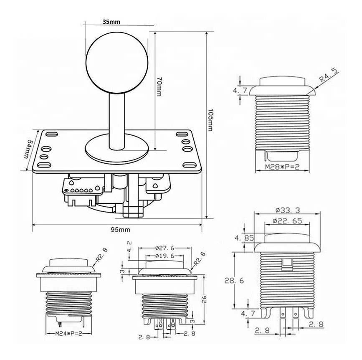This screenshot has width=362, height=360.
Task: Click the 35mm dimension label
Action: click(x=111, y=22)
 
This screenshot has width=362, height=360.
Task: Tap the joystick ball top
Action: click(x=117, y=63)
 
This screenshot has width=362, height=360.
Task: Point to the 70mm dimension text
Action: click(x=159, y=86)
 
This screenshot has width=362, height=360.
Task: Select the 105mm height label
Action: click(x=210, y=120)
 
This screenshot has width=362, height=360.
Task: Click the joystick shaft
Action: click(x=117, y=120)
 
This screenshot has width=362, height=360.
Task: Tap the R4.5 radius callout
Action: click(x=329, y=75)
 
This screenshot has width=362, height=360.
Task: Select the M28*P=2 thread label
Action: click(x=282, y=167)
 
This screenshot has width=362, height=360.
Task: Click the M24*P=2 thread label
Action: click(x=69, y=333)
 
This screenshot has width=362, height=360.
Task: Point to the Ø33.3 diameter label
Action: click(x=288, y=210)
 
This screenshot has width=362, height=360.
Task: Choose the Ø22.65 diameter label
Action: click(x=287, y=221)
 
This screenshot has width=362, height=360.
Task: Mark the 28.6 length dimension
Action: click(x=234, y=281)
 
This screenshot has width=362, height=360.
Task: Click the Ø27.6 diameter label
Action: click(x=165, y=248)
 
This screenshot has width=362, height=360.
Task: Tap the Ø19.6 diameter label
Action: click(x=165, y=256)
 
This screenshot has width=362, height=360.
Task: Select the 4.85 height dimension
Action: click(x=244, y=238)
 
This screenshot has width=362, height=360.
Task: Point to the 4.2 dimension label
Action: click(x=130, y=246)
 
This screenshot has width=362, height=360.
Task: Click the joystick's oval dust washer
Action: click(x=117, y=149)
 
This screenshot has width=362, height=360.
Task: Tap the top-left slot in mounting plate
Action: click(x=52, y=134)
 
